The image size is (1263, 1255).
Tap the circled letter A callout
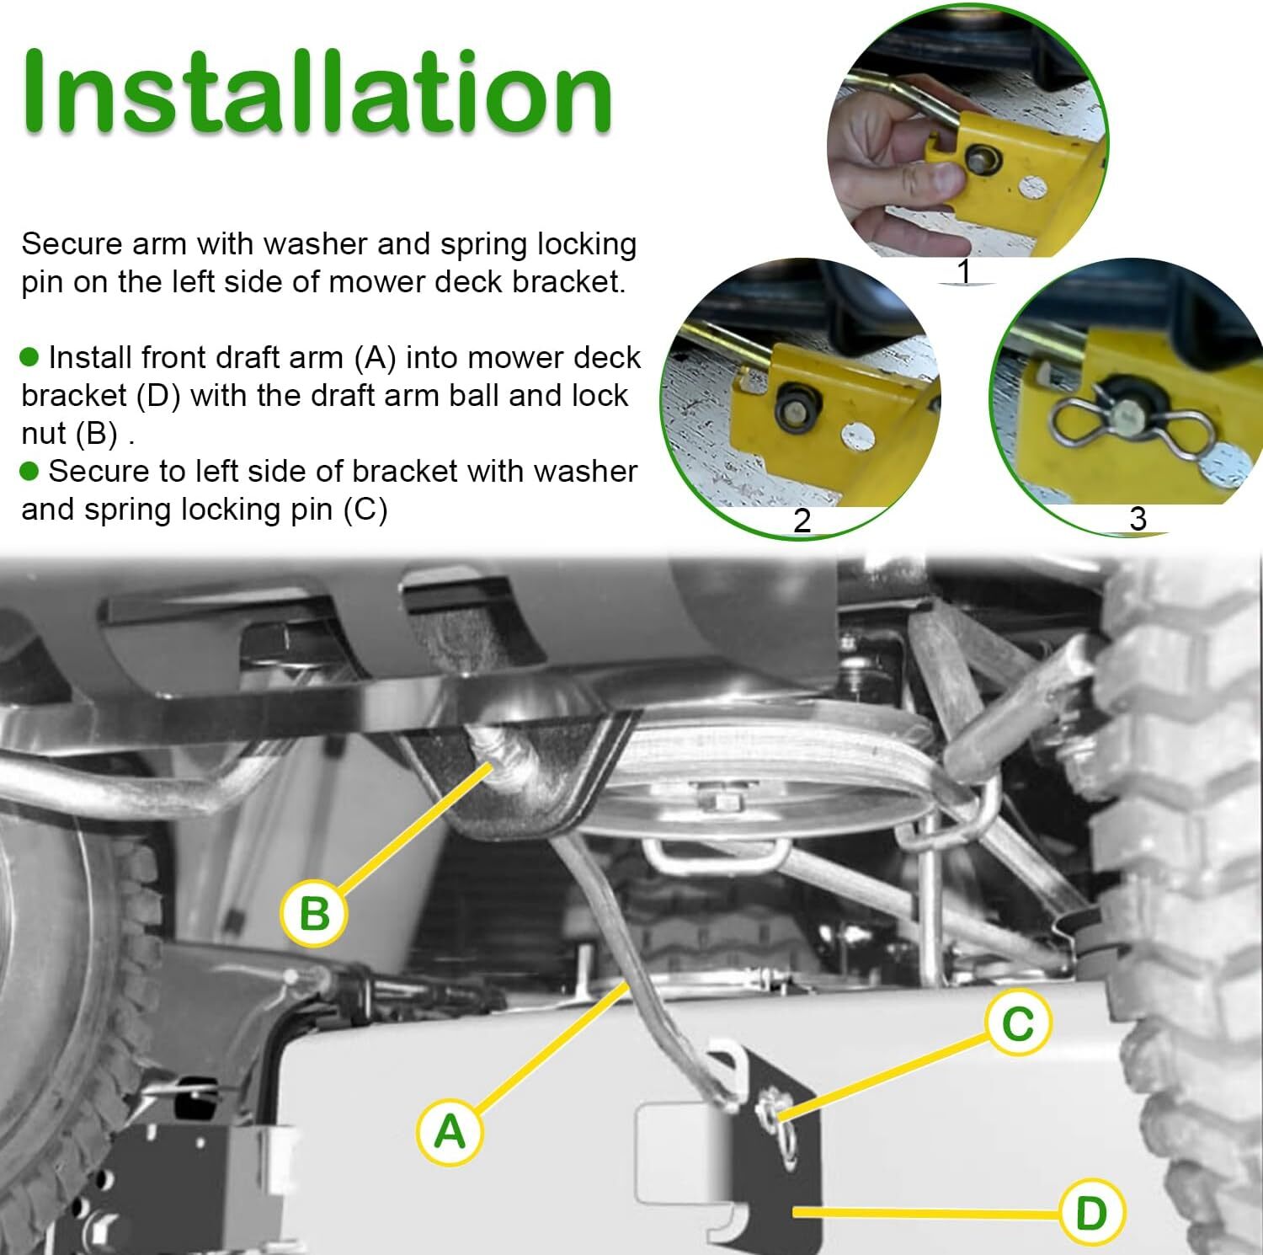450,1130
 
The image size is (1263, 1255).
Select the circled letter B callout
314,912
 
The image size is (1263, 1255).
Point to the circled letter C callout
1018,1023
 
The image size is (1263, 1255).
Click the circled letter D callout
1091,1213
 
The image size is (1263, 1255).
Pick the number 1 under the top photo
964,272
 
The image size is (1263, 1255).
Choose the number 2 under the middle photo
802,521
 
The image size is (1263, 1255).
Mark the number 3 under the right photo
1138,518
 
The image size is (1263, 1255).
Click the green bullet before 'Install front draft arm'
29,358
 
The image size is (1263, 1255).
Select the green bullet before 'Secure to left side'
29,472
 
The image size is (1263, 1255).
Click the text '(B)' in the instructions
95,434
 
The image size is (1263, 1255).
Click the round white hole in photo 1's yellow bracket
1033,187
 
